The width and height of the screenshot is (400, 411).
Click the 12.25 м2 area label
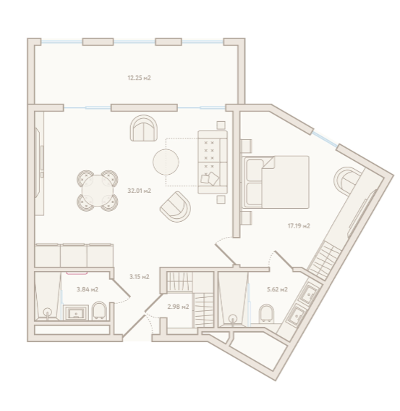tap(139, 78)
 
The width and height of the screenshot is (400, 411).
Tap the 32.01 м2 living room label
tap(139, 191)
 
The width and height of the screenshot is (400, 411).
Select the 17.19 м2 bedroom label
tap(299, 225)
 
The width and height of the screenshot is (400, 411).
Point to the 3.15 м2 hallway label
tap(139, 276)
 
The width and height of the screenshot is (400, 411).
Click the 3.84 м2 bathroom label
tap(88, 289)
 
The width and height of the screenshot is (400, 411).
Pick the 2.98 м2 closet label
tap(178, 307)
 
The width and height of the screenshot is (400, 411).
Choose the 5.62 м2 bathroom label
tap(277, 289)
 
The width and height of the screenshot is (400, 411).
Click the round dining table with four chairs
tap(98, 191)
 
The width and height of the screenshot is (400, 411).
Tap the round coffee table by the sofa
tap(166, 162)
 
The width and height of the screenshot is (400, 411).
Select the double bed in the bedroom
tap(276, 182)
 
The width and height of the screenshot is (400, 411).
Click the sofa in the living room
tap(213, 162)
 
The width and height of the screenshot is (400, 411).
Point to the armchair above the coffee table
tap(144, 128)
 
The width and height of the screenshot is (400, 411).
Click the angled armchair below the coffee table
tap(175, 207)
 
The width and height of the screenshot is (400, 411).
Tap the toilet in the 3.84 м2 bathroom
tap(99, 311)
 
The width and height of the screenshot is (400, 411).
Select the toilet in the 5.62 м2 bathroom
tap(266, 313)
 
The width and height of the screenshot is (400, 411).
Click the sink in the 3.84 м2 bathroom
tap(76, 312)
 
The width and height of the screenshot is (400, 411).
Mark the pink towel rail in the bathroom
tap(77, 273)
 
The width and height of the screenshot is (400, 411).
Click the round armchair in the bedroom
tap(347, 181)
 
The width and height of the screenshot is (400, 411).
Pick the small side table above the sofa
tap(221, 125)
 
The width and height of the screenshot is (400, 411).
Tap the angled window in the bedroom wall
tap(325, 139)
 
